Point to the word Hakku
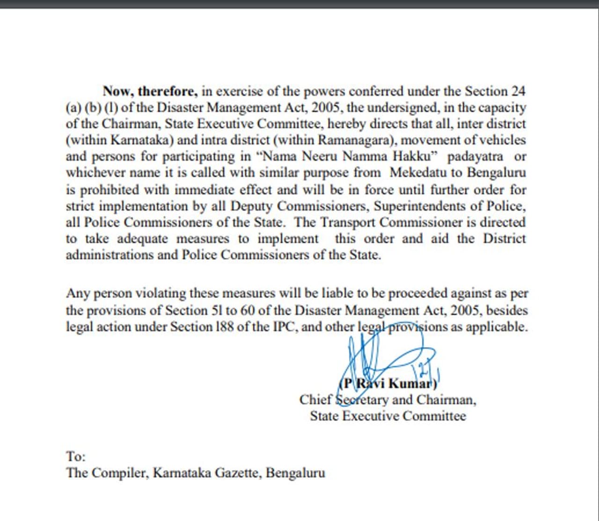coord(416,156)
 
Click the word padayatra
coord(475,156)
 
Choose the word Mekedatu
coord(418,173)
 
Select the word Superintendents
coord(424,206)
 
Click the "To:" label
coord(76,456)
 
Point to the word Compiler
coord(120,473)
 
